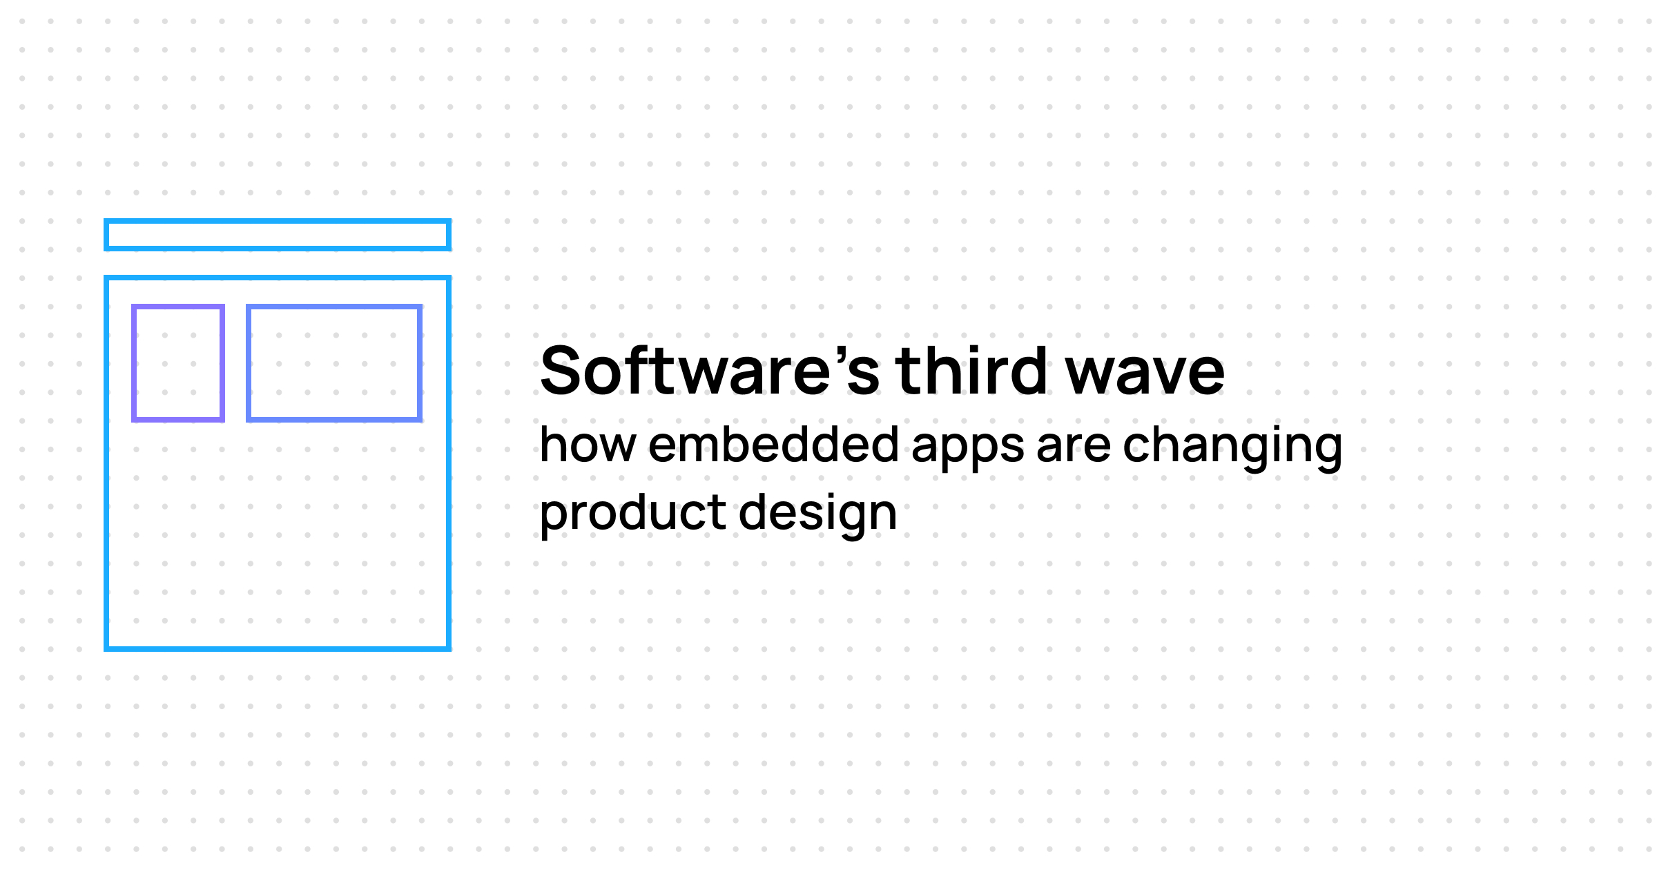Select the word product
(632, 512)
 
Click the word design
(818, 512)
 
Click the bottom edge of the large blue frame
(278, 648)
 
